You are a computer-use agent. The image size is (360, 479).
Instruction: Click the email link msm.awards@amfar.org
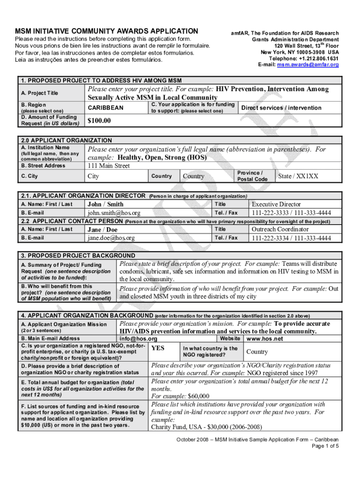(x=308, y=65)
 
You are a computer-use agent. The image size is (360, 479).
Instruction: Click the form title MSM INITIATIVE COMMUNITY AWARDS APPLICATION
(x=106, y=30)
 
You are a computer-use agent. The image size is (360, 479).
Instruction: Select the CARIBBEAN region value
(x=106, y=108)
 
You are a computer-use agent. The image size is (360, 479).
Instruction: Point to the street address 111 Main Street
(x=108, y=166)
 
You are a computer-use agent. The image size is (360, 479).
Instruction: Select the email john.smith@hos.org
(x=114, y=213)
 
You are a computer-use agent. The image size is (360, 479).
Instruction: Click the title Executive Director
(x=276, y=204)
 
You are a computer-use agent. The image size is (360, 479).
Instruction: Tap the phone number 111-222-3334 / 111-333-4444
(x=291, y=238)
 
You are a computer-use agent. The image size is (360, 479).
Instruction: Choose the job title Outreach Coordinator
(x=280, y=229)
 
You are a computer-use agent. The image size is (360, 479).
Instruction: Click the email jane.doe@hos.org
(x=111, y=238)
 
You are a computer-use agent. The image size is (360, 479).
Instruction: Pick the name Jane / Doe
(x=102, y=230)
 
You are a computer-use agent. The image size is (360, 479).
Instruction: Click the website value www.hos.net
(x=265, y=339)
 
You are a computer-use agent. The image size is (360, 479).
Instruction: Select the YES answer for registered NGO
(x=158, y=348)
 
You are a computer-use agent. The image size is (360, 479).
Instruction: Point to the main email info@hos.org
(x=138, y=339)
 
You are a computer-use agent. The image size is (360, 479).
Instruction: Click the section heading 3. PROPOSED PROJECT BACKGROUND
(x=78, y=256)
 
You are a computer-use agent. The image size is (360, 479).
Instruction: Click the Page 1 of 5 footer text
(x=325, y=446)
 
